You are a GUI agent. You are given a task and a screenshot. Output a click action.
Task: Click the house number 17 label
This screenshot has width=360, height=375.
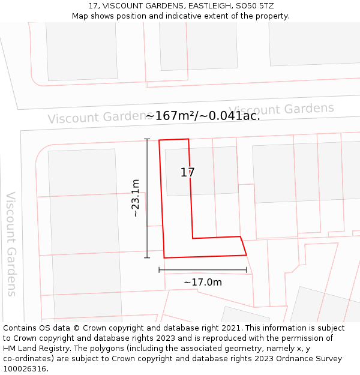coord(188,173)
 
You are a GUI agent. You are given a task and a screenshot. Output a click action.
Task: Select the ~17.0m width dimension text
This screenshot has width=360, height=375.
coord(203,283)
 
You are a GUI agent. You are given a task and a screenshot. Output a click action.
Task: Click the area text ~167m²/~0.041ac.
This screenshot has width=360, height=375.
coord(203,116)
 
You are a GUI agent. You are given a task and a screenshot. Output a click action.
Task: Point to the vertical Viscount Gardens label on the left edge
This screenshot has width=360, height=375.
coord(11,244)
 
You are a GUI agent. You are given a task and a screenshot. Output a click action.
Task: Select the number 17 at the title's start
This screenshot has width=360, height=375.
coord(92,5)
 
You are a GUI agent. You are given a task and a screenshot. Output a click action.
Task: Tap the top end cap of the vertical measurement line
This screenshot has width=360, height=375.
coord(147,139)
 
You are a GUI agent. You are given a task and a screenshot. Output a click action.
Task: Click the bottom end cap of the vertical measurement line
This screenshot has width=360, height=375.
coord(147,258)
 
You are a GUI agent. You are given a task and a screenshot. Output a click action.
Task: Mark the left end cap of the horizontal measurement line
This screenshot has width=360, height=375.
coord(159,270)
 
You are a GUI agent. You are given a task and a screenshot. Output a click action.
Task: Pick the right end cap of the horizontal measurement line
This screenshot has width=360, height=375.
coord(247,270)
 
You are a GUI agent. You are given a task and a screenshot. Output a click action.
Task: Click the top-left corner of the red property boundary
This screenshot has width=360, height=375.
coord(159,140)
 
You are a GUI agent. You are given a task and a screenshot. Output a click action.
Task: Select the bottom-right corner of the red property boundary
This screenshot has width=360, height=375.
coord(247,255)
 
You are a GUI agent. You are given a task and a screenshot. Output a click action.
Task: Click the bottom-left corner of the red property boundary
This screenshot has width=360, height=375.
coord(164,258)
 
